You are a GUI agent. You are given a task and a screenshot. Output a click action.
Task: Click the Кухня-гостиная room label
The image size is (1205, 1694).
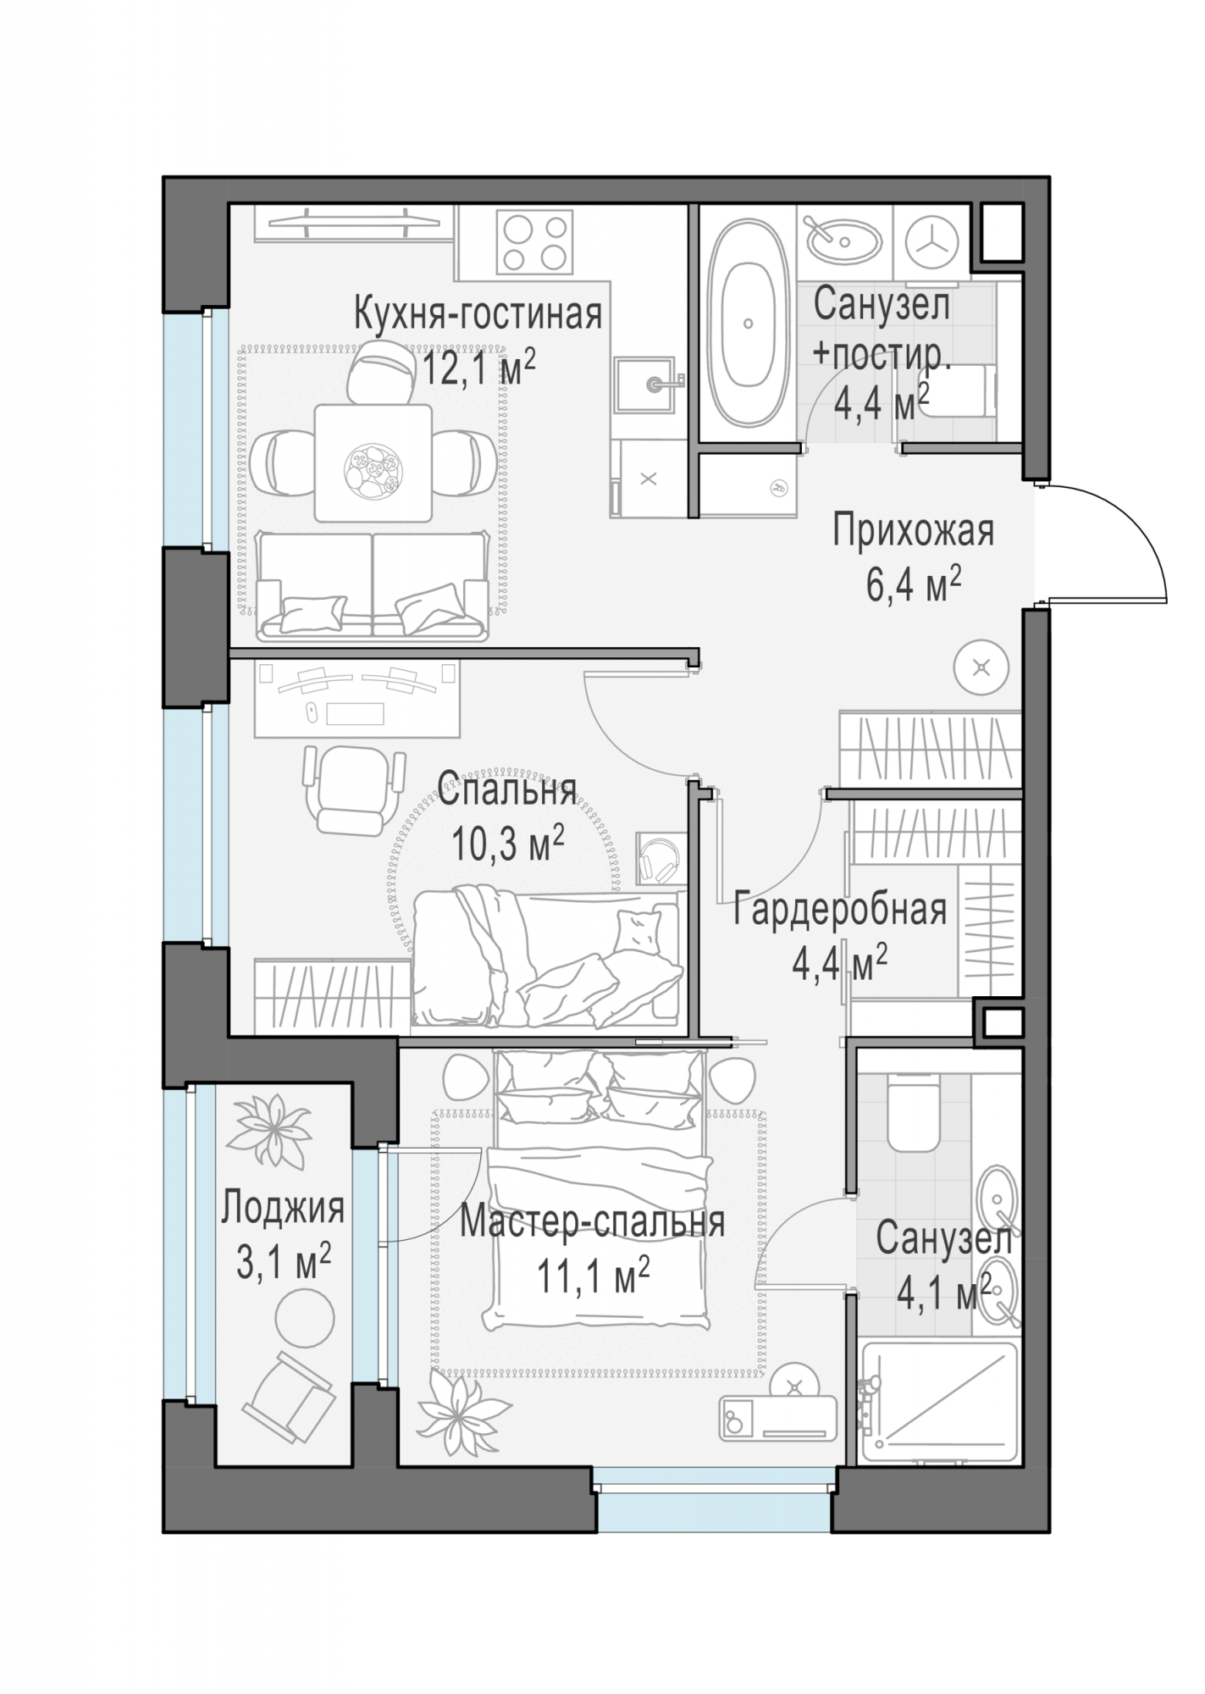point(478,314)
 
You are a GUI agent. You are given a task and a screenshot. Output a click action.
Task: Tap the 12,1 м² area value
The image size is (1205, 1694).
point(478,368)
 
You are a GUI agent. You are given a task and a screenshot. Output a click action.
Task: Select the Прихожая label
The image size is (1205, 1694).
point(913,531)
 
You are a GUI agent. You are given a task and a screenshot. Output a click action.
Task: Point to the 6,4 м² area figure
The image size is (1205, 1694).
point(913,584)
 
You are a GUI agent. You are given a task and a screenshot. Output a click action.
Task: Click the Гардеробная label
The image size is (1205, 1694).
point(840,910)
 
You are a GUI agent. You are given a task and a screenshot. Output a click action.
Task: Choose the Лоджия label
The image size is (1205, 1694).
point(283,1208)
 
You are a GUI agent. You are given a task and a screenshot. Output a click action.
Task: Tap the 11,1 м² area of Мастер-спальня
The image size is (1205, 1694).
point(594,1276)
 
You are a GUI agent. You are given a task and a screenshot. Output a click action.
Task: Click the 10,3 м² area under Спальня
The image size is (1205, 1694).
point(508,844)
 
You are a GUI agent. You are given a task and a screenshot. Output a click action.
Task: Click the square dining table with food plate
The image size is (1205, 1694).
point(373,463)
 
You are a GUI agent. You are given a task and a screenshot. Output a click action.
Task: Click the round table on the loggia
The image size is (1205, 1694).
point(305,1318)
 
